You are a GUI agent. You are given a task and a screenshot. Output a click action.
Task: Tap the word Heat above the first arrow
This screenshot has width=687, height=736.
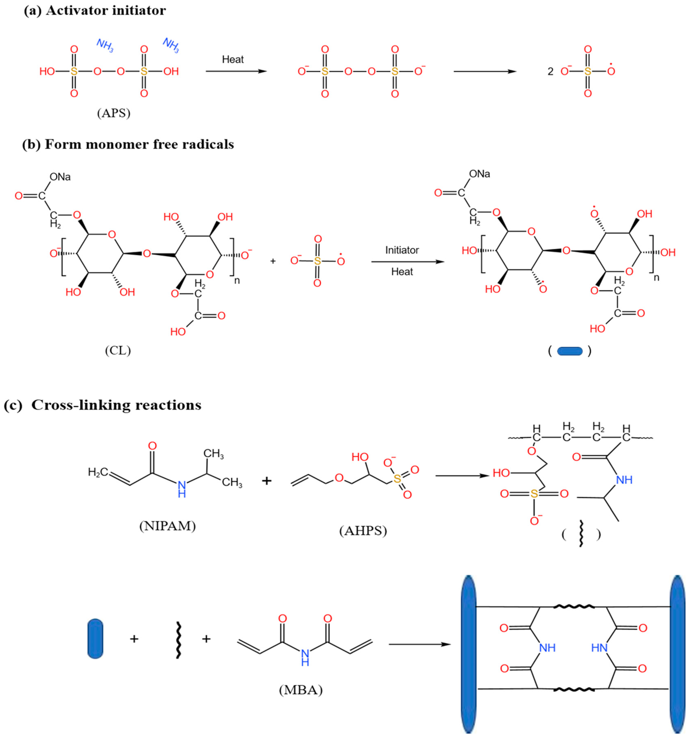pos(233,59)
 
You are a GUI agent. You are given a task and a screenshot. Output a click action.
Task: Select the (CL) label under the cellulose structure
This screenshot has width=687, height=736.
pos(118,350)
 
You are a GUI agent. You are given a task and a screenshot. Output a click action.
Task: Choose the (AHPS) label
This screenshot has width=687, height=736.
pos(363,531)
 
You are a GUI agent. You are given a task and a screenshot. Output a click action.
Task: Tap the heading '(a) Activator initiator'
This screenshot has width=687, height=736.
pos(95,10)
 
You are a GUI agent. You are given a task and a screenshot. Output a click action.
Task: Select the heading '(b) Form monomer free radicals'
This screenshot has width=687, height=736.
pos(128,144)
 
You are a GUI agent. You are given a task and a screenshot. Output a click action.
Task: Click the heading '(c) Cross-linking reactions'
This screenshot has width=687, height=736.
pos(103,405)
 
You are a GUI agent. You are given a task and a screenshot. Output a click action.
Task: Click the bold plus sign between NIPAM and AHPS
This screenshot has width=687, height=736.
pos(267,481)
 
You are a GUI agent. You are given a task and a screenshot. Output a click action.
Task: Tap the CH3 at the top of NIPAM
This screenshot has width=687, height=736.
pos(214,454)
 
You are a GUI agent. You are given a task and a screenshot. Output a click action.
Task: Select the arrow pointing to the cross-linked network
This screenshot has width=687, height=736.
pos(420,645)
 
